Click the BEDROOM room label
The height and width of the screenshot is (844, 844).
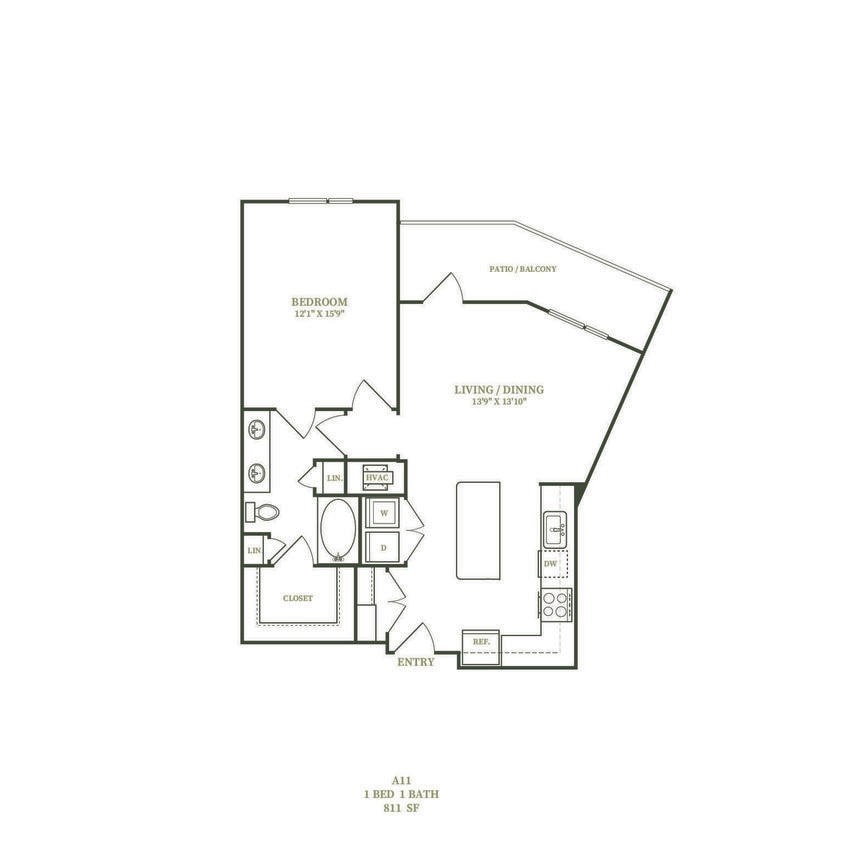[319, 301]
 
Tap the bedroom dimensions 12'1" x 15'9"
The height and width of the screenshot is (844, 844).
[319, 313]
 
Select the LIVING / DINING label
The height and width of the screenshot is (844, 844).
[505, 390]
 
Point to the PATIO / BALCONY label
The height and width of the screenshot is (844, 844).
[522, 269]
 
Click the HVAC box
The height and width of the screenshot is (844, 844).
[376, 478]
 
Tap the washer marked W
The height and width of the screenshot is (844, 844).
[381, 513]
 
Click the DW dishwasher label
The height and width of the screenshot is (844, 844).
[550, 565]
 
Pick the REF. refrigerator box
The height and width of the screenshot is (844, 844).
[479, 640]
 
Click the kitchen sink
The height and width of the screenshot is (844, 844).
[555, 528]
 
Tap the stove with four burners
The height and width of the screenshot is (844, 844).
[555, 603]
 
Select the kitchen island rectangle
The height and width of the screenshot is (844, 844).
[478, 530]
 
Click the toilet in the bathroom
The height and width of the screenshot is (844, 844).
[262, 512]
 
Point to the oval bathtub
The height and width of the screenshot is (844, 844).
[337, 530]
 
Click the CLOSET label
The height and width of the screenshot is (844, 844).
[297, 598]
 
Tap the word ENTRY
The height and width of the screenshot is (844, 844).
[416, 662]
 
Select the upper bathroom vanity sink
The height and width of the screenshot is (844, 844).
[257, 431]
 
